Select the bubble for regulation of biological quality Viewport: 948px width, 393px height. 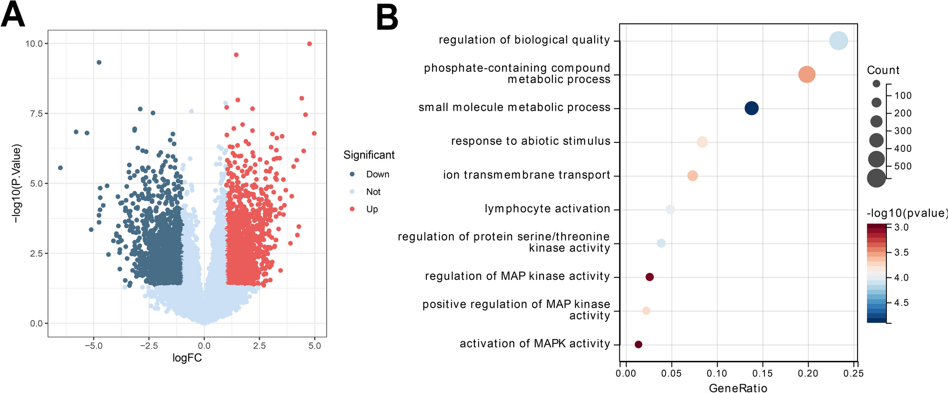tap(838, 41)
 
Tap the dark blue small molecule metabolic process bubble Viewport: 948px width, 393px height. tap(751, 108)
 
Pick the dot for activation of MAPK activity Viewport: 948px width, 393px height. tap(639, 345)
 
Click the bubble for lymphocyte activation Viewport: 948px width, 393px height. tap(670, 210)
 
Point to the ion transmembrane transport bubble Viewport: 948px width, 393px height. tap(693, 176)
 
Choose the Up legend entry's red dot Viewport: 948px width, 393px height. tap(352, 209)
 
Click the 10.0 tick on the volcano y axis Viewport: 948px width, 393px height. tap(34, 44)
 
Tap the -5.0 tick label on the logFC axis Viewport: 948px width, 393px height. tap(93, 346)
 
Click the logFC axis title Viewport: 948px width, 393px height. tap(187, 358)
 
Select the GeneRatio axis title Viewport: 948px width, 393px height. tap(738, 388)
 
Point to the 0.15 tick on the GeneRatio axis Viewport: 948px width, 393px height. tap(763, 373)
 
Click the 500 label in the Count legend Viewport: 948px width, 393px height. tap(903, 166)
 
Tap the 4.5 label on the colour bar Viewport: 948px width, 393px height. tap(901, 303)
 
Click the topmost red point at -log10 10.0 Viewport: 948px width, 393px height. tap(309, 44)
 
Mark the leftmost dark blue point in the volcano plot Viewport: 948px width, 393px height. tap(60, 168)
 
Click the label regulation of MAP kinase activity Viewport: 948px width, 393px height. tap(517, 277)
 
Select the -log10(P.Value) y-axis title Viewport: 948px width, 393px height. tap(17, 183)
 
